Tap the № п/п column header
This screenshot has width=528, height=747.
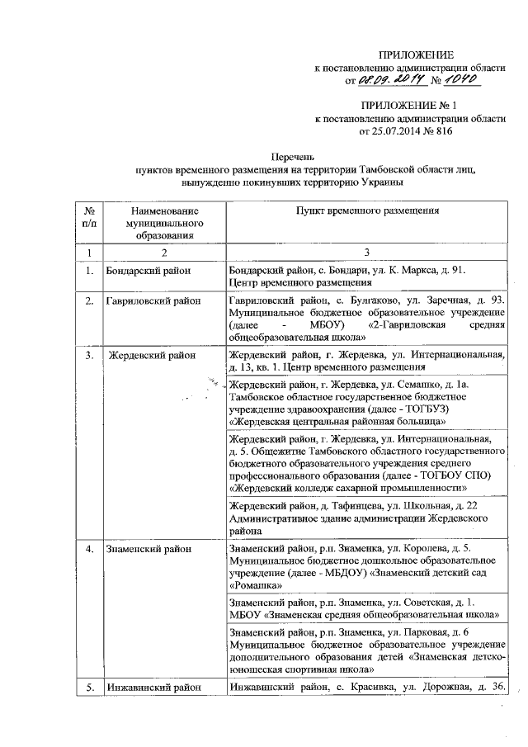(x=89, y=217)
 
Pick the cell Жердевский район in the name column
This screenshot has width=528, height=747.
(x=153, y=356)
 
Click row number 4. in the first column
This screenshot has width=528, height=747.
(x=89, y=549)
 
